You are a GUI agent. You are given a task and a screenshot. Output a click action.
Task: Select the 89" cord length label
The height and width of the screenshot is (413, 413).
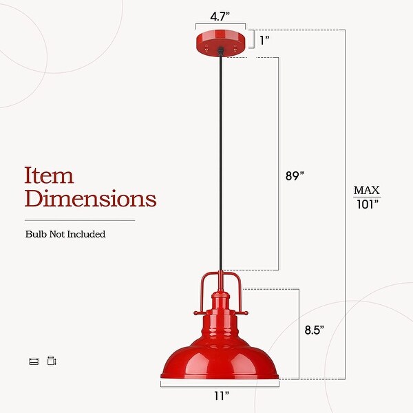tap(294, 176)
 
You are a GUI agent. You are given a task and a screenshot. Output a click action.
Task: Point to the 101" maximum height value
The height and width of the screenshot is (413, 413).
tap(367, 204)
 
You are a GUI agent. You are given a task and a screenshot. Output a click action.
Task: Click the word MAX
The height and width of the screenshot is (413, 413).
tap(367, 190)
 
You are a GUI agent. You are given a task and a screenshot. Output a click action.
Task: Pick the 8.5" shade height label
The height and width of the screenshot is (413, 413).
tap(314, 330)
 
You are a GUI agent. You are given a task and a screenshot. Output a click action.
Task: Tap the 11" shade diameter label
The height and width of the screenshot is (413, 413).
tap(220, 396)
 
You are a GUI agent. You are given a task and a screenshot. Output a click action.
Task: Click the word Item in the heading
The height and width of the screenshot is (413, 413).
tap(49, 175)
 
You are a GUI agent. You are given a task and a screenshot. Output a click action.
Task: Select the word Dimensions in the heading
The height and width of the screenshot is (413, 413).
tap(90, 199)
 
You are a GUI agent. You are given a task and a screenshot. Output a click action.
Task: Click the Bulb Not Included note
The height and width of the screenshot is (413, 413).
tap(65, 234)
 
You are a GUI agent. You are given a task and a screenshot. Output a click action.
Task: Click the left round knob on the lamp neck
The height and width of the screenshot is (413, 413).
tap(197, 313)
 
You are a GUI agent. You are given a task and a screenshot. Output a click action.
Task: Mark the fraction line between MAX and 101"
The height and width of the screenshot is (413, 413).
tap(367, 198)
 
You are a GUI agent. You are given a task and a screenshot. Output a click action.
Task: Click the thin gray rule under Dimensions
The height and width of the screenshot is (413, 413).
tap(80, 220)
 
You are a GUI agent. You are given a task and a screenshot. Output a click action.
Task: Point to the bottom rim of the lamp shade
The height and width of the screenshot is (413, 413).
tap(220, 377)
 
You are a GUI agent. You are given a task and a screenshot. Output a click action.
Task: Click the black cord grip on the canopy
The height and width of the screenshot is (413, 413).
tap(220, 51)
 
